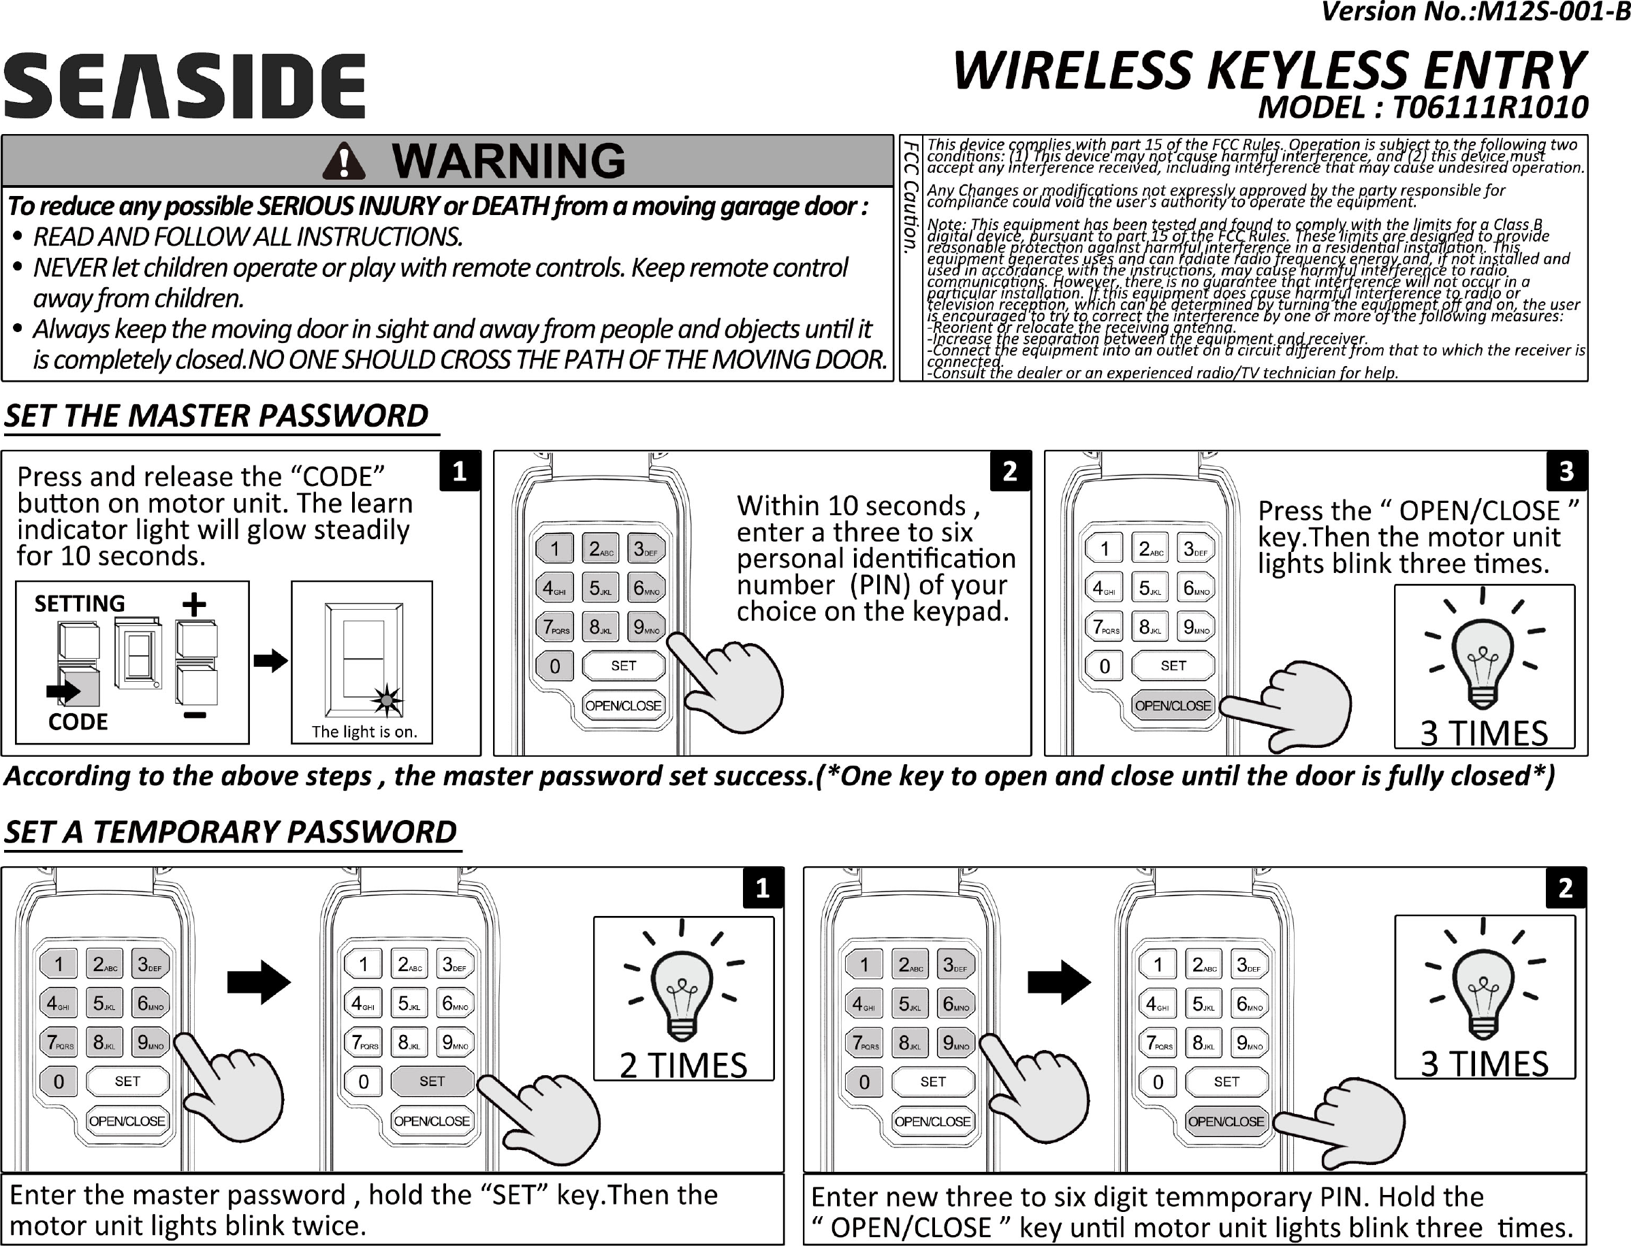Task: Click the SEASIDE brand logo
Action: point(184,86)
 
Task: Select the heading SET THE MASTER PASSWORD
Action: point(217,416)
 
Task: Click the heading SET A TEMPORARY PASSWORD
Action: point(230,832)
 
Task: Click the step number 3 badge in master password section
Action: point(1566,471)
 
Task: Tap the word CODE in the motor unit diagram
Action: point(78,721)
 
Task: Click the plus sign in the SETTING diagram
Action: point(194,604)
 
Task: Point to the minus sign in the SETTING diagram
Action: point(194,715)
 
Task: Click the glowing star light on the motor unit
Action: point(387,700)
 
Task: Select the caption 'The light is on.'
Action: point(364,732)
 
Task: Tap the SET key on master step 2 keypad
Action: point(623,666)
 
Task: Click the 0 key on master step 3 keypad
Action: point(1104,666)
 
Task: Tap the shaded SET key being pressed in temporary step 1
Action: point(432,1081)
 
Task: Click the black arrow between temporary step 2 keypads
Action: point(1059,983)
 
